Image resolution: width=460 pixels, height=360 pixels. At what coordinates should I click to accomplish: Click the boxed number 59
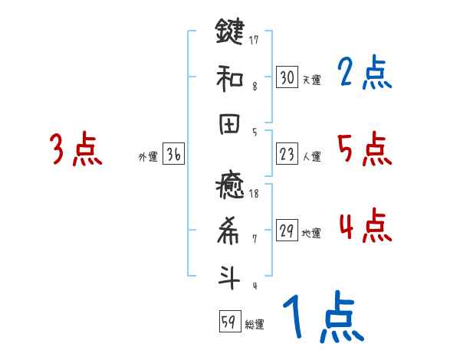pyautogui.click(x=229, y=322)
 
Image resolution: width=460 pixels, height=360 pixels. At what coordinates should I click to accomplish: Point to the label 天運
pyautogui.click(x=311, y=80)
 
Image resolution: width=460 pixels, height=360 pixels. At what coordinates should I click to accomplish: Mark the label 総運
pyautogui.click(x=255, y=324)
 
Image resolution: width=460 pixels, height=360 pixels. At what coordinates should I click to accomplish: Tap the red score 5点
pyautogui.click(x=364, y=149)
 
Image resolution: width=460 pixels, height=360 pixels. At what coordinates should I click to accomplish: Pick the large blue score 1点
pyautogui.click(x=322, y=318)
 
